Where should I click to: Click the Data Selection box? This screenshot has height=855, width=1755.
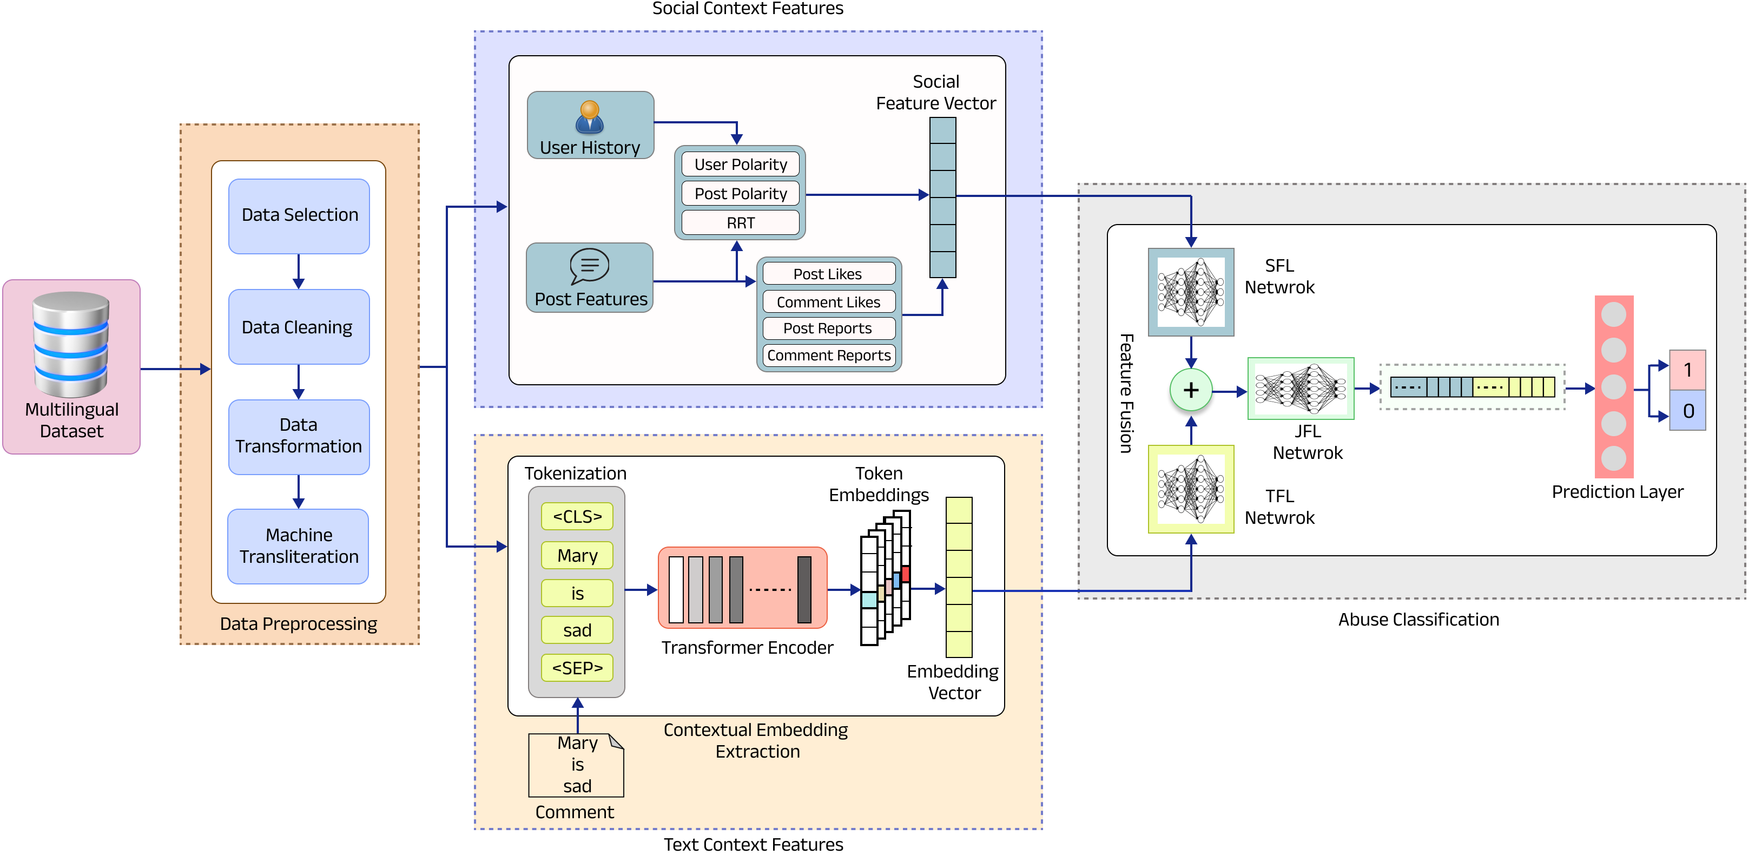pyautogui.click(x=299, y=216)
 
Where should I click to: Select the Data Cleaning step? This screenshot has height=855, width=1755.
pyautogui.click(x=299, y=327)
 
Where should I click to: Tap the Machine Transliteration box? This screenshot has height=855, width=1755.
pyautogui.click(x=299, y=547)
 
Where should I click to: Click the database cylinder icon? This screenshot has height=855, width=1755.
pyautogui.click(x=71, y=344)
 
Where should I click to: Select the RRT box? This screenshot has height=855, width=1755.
pyautogui.click(x=741, y=223)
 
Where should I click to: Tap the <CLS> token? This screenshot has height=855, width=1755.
pyautogui.click(x=577, y=516)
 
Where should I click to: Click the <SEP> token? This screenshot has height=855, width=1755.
pyautogui.click(x=577, y=668)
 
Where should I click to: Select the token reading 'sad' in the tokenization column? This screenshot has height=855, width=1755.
pyautogui.click(x=577, y=630)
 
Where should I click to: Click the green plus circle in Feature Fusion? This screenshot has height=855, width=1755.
pyautogui.click(x=1191, y=390)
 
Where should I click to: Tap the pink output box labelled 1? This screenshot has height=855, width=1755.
pyautogui.click(x=1687, y=370)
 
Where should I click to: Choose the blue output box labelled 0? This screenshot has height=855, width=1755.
pyautogui.click(x=1687, y=410)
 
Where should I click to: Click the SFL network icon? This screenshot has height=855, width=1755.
pyautogui.click(x=1191, y=292)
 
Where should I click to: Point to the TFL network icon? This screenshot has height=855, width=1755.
pyautogui.click(x=1191, y=489)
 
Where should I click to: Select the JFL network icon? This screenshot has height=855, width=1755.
pyautogui.click(x=1301, y=389)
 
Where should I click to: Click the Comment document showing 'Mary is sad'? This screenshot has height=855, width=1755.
pyautogui.click(x=576, y=765)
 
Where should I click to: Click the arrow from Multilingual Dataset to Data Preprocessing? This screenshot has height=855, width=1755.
pyautogui.click(x=176, y=369)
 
